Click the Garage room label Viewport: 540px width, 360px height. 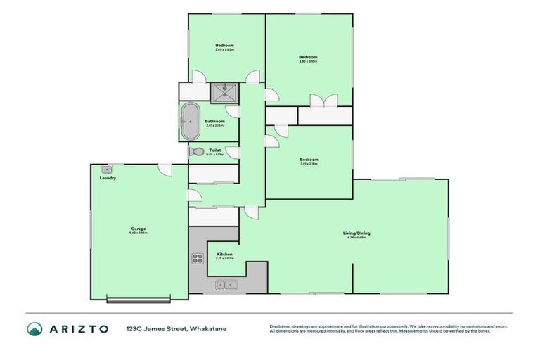click(x=138, y=229)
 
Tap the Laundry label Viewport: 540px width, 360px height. click(x=108, y=178)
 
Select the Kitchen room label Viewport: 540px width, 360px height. click(x=224, y=254)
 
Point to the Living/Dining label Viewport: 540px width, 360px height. click(x=354, y=233)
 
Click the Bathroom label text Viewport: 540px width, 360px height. click(x=214, y=121)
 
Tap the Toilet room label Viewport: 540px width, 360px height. click(x=215, y=150)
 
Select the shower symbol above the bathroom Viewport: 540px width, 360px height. click(x=224, y=93)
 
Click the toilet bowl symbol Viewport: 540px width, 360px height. click(x=196, y=151)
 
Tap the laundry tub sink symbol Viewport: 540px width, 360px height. click(x=107, y=169)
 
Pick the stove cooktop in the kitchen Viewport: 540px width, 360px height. click(x=198, y=257)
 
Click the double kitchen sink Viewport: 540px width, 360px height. click(x=226, y=285)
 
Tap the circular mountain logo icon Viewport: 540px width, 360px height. click(x=34, y=329)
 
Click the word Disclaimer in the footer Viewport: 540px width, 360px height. click(x=280, y=326)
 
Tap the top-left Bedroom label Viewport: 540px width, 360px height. click(x=225, y=46)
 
